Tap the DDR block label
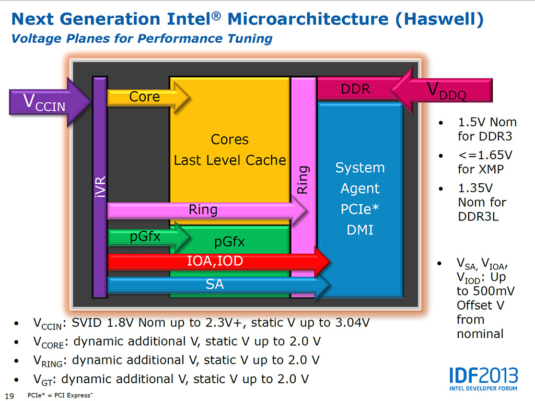355,89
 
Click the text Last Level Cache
230,160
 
